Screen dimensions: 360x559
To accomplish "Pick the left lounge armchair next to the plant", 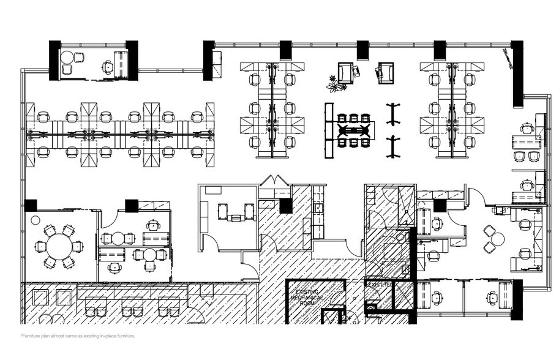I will coord(345,73).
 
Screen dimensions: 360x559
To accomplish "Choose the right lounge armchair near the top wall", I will coord(385,72).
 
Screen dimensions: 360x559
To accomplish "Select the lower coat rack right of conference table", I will coord(392,147).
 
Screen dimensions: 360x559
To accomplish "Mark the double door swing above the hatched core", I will coord(273,182).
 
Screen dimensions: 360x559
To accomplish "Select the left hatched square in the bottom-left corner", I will coord(40,298).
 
